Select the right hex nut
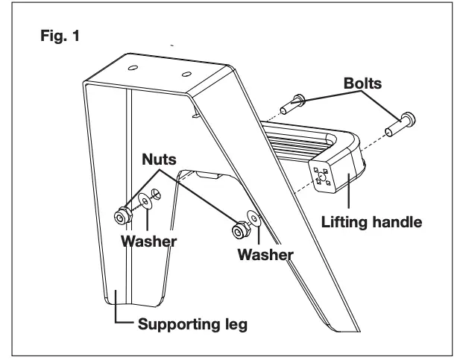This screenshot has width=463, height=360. click(240, 227)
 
